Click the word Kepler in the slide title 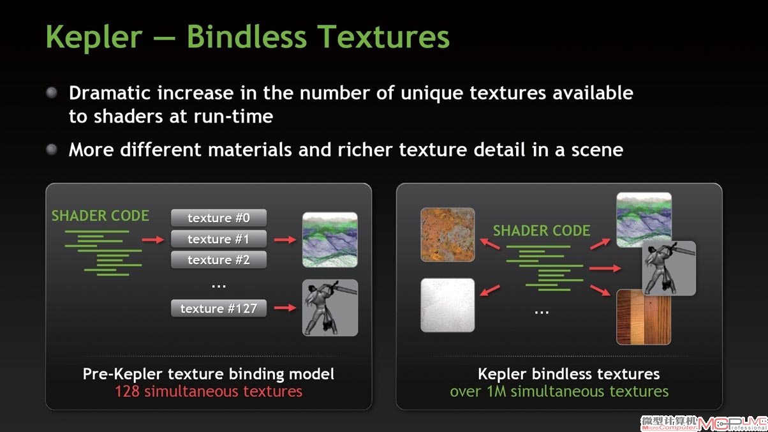(94, 37)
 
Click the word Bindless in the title (246, 36)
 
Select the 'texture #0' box (219, 218)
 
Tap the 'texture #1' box (219, 239)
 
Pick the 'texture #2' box (219, 260)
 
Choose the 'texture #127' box (219, 308)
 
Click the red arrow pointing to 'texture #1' (153, 239)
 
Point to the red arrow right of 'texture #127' (285, 308)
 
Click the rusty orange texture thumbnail (448, 235)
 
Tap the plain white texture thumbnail (448, 305)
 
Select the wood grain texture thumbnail (644, 317)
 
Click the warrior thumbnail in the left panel (330, 308)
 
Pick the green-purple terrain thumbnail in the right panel (644, 220)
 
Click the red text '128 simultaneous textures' (209, 391)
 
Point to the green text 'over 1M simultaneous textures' (559, 391)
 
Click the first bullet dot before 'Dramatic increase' (52, 93)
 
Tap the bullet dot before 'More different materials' (52, 149)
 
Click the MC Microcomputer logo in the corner (704, 423)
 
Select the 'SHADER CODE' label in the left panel (100, 216)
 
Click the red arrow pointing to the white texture (490, 290)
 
